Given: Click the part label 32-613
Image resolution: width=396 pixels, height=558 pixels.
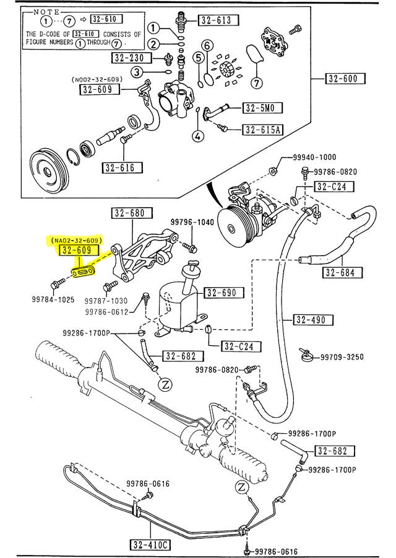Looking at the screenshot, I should pyautogui.click(x=218, y=20).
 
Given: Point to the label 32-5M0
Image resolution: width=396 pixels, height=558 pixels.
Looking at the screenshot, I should pyautogui.click(x=262, y=108).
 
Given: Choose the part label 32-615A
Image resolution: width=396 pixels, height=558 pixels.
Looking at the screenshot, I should pyautogui.click(x=262, y=130).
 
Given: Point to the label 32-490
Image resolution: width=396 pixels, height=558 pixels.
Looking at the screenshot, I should pyautogui.click(x=314, y=320).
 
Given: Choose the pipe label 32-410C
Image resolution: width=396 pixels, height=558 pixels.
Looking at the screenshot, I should pyautogui.click(x=150, y=546).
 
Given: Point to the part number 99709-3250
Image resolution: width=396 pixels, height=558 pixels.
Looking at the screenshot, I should pyautogui.click(x=342, y=356).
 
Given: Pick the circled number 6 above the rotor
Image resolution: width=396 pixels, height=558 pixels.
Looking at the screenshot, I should pyautogui.click(x=207, y=46).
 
